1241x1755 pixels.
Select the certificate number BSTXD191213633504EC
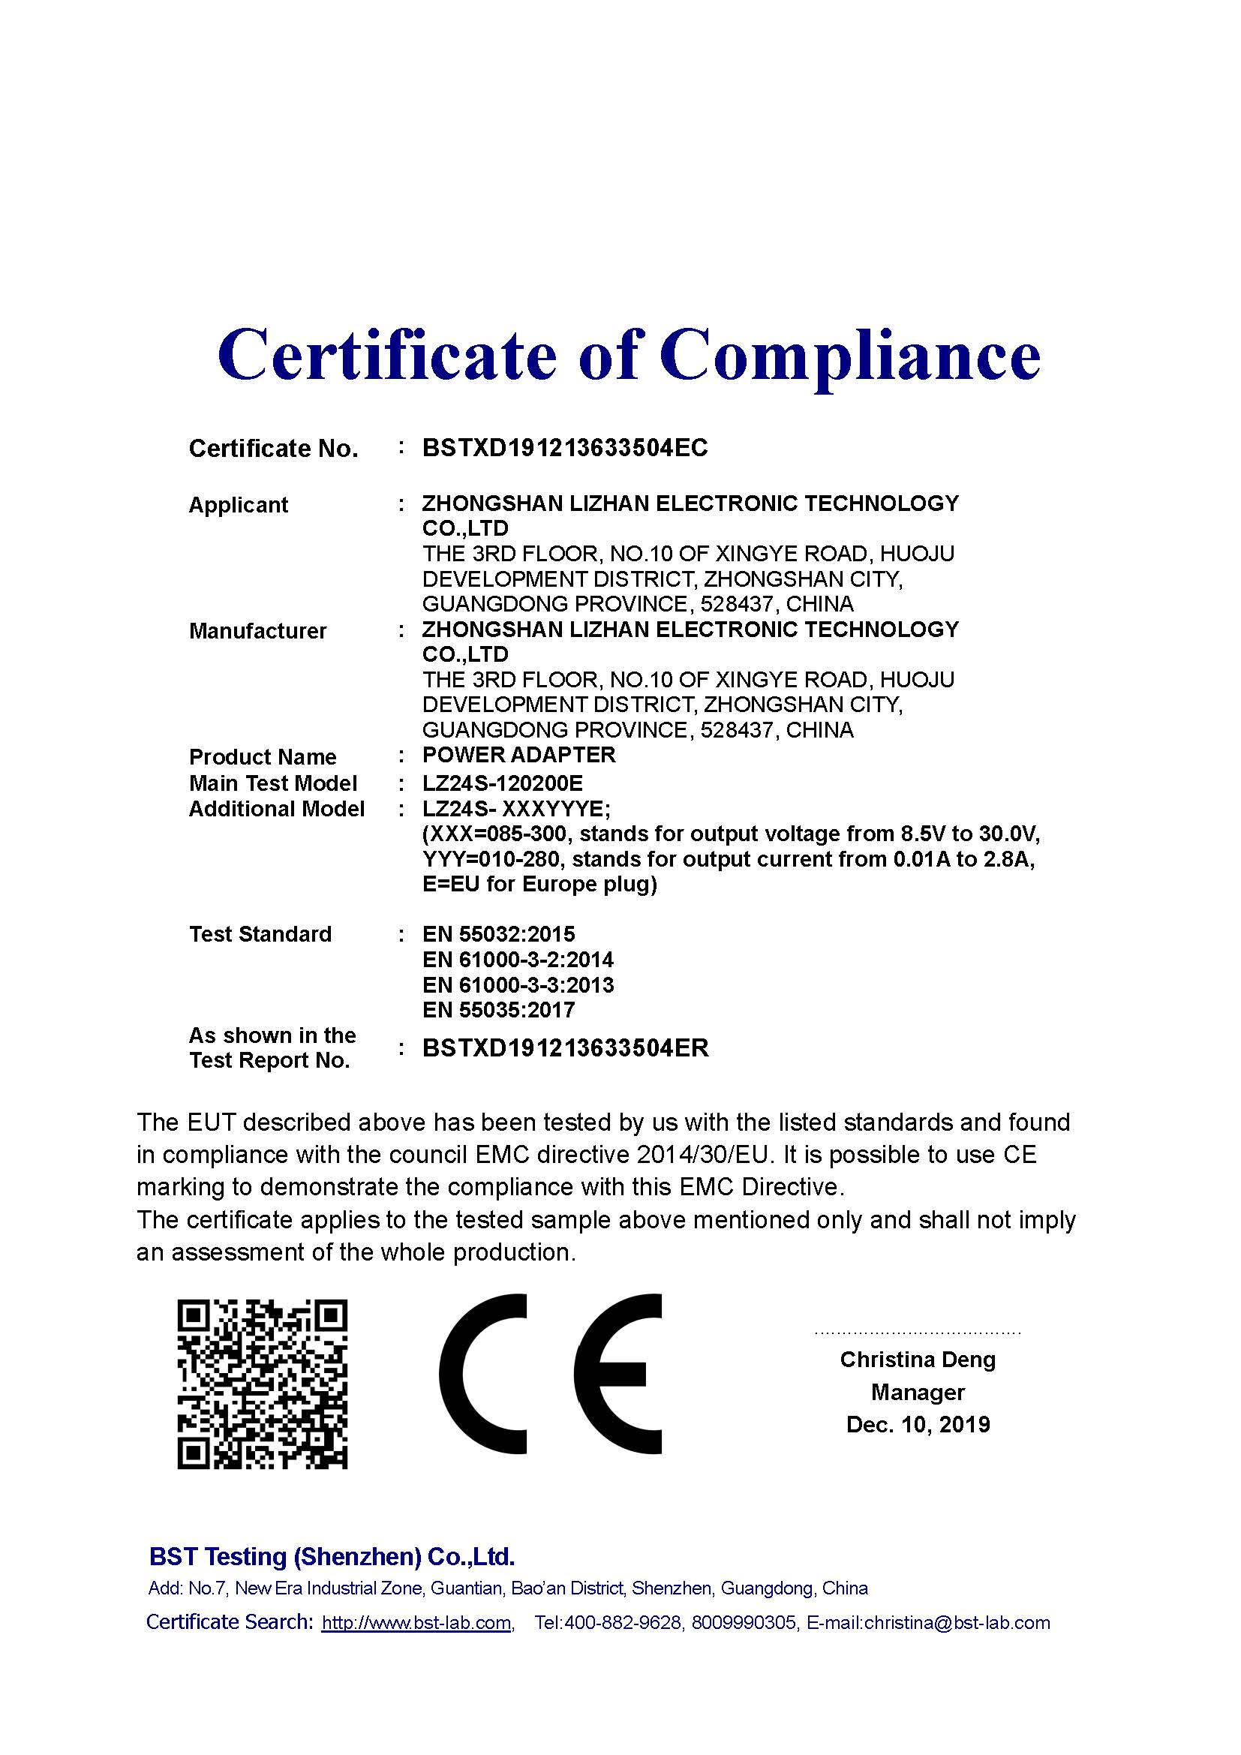(x=565, y=448)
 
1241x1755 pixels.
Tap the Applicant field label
(x=239, y=505)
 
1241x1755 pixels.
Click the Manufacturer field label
(x=257, y=631)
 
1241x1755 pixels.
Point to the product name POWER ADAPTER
(x=519, y=756)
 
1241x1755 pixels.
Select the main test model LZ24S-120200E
(x=502, y=783)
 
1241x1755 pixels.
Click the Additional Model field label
(x=277, y=809)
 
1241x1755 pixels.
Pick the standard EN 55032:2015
(x=498, y=934)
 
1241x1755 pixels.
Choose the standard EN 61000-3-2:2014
(x=518, y=960)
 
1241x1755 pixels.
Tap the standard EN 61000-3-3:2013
(x=518, y=984)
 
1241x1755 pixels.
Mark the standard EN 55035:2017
(x=498, y=1010)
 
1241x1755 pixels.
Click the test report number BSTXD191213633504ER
(x=566, y=1047)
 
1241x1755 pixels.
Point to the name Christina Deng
(x=918, y=1360)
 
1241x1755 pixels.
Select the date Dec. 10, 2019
(x=918, y=1425)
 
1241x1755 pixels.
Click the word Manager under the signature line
(x=918, y=1393)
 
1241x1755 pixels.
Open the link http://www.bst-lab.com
(x=416, y=1622)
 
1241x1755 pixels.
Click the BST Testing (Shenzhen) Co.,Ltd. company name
(x=332, y=1556)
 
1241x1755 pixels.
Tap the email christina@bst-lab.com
(x=957, y=1622)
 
